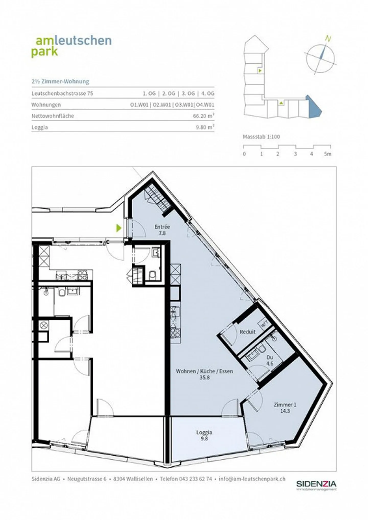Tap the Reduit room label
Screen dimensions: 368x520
(x=247, y=332)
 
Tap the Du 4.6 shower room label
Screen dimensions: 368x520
(x=270, y=360)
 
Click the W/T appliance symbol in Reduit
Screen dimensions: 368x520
(x=264, y=324)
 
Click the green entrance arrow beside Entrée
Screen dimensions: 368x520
(x=119, y=228)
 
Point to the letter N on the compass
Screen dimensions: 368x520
(x=328, y=39)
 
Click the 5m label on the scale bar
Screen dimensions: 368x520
(x=328, y=154)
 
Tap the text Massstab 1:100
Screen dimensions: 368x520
(x=261, y=136)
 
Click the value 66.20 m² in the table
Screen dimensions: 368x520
(x=203, y=116)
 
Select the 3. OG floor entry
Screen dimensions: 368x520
(x=188, y=93)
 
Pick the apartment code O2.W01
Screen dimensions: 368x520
(x=162, y=105)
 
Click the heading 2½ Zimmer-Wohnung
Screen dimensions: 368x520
(x=60, y=82)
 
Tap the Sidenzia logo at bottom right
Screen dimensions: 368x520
(x=316, y=486)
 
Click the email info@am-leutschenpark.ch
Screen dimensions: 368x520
(x=252, y=479)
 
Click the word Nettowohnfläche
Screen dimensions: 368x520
(x=53, y=116)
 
